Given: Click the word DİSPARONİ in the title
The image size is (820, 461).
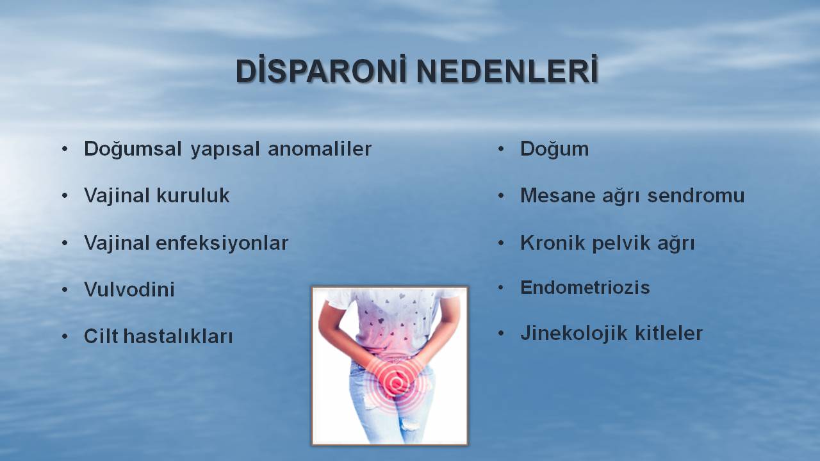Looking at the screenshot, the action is [x=321, y=70].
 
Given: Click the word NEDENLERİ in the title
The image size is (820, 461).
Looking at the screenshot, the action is [x=507, y=70].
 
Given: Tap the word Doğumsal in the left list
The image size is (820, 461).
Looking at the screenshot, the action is [x=133, y=149].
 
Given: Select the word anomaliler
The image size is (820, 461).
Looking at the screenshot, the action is [x=320, y=149].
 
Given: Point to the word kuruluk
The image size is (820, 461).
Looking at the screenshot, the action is [x=193, y=195].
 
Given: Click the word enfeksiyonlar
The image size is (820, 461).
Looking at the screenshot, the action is [x=222, y=243].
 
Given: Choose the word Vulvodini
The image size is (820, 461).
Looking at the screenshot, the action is [x=129, y=289].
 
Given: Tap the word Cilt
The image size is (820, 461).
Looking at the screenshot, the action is [x=101, y=336].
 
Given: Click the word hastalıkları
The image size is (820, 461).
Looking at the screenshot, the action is [x=178, y=336].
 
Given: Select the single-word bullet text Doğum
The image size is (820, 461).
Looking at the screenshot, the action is [x=555, y=149].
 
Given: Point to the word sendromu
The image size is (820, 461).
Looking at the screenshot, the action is [x=696, y=195].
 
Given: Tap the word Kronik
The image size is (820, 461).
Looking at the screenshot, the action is [x=552, y=243].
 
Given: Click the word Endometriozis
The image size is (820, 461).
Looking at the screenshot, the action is [x=585, y=287].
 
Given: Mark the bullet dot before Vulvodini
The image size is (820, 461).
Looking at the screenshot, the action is [x=65, y=290].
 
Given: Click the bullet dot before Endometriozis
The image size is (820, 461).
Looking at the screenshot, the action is [x=501, y=287].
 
